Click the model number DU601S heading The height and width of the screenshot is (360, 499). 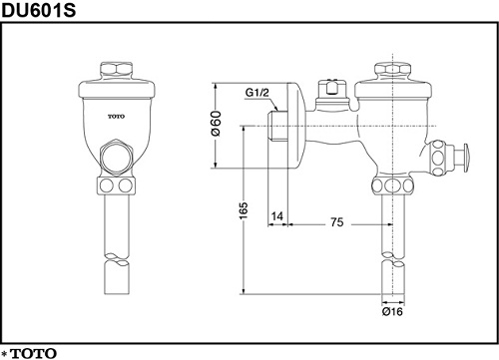[39, 10]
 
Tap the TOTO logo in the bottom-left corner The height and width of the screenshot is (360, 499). [34, 353]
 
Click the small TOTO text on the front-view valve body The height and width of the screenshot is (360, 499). [117, 117]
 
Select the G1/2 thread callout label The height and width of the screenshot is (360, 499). [256, 93]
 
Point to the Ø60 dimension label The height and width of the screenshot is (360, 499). [216, 124]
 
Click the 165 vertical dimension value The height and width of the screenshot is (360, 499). [244, 210]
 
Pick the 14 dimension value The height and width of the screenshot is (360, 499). [277, 216]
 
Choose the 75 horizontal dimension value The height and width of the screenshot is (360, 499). [337, 222]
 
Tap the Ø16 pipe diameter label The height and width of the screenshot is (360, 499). [392, 312]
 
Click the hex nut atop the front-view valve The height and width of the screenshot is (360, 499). [117, 70]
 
